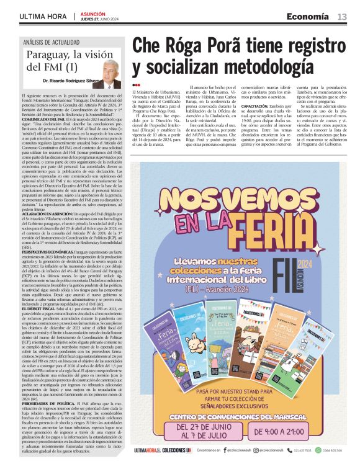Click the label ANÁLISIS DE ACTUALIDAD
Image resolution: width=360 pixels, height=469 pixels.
(x=52, y=42)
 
